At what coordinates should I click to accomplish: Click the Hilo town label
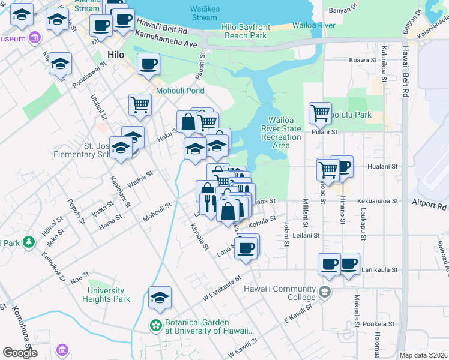pos(115,55)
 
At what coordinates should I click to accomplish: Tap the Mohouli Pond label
pos(180,91)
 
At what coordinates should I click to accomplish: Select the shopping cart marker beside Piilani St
pos(321,112)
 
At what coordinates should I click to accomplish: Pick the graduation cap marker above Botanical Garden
pos(160,297)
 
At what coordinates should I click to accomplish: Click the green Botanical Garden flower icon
pos(156,325)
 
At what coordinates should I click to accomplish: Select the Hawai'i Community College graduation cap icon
pos(325,292)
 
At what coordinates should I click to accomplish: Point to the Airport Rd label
pos(429,205)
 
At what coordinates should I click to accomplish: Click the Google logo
pos(20,352)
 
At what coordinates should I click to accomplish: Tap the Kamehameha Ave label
pos(166,44)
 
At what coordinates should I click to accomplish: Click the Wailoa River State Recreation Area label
pos(281,133)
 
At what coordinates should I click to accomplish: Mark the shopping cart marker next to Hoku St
pos(140,104)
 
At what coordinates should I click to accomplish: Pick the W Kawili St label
pos(240,344)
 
